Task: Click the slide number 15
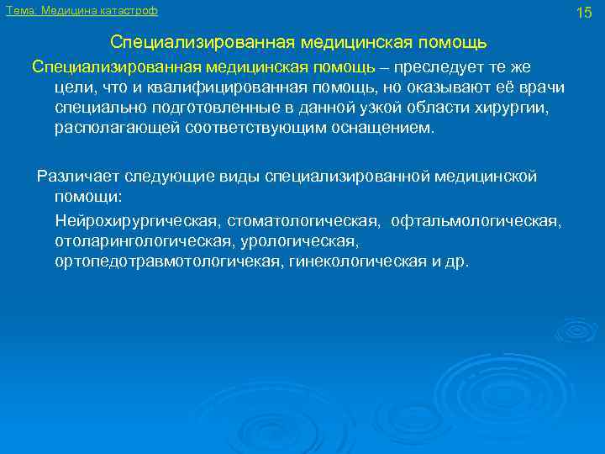[x=585, y=12]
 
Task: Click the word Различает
[x=78, y=176]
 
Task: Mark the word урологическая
[x=299, y=241]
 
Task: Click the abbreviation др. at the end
[x=459, y=262]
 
